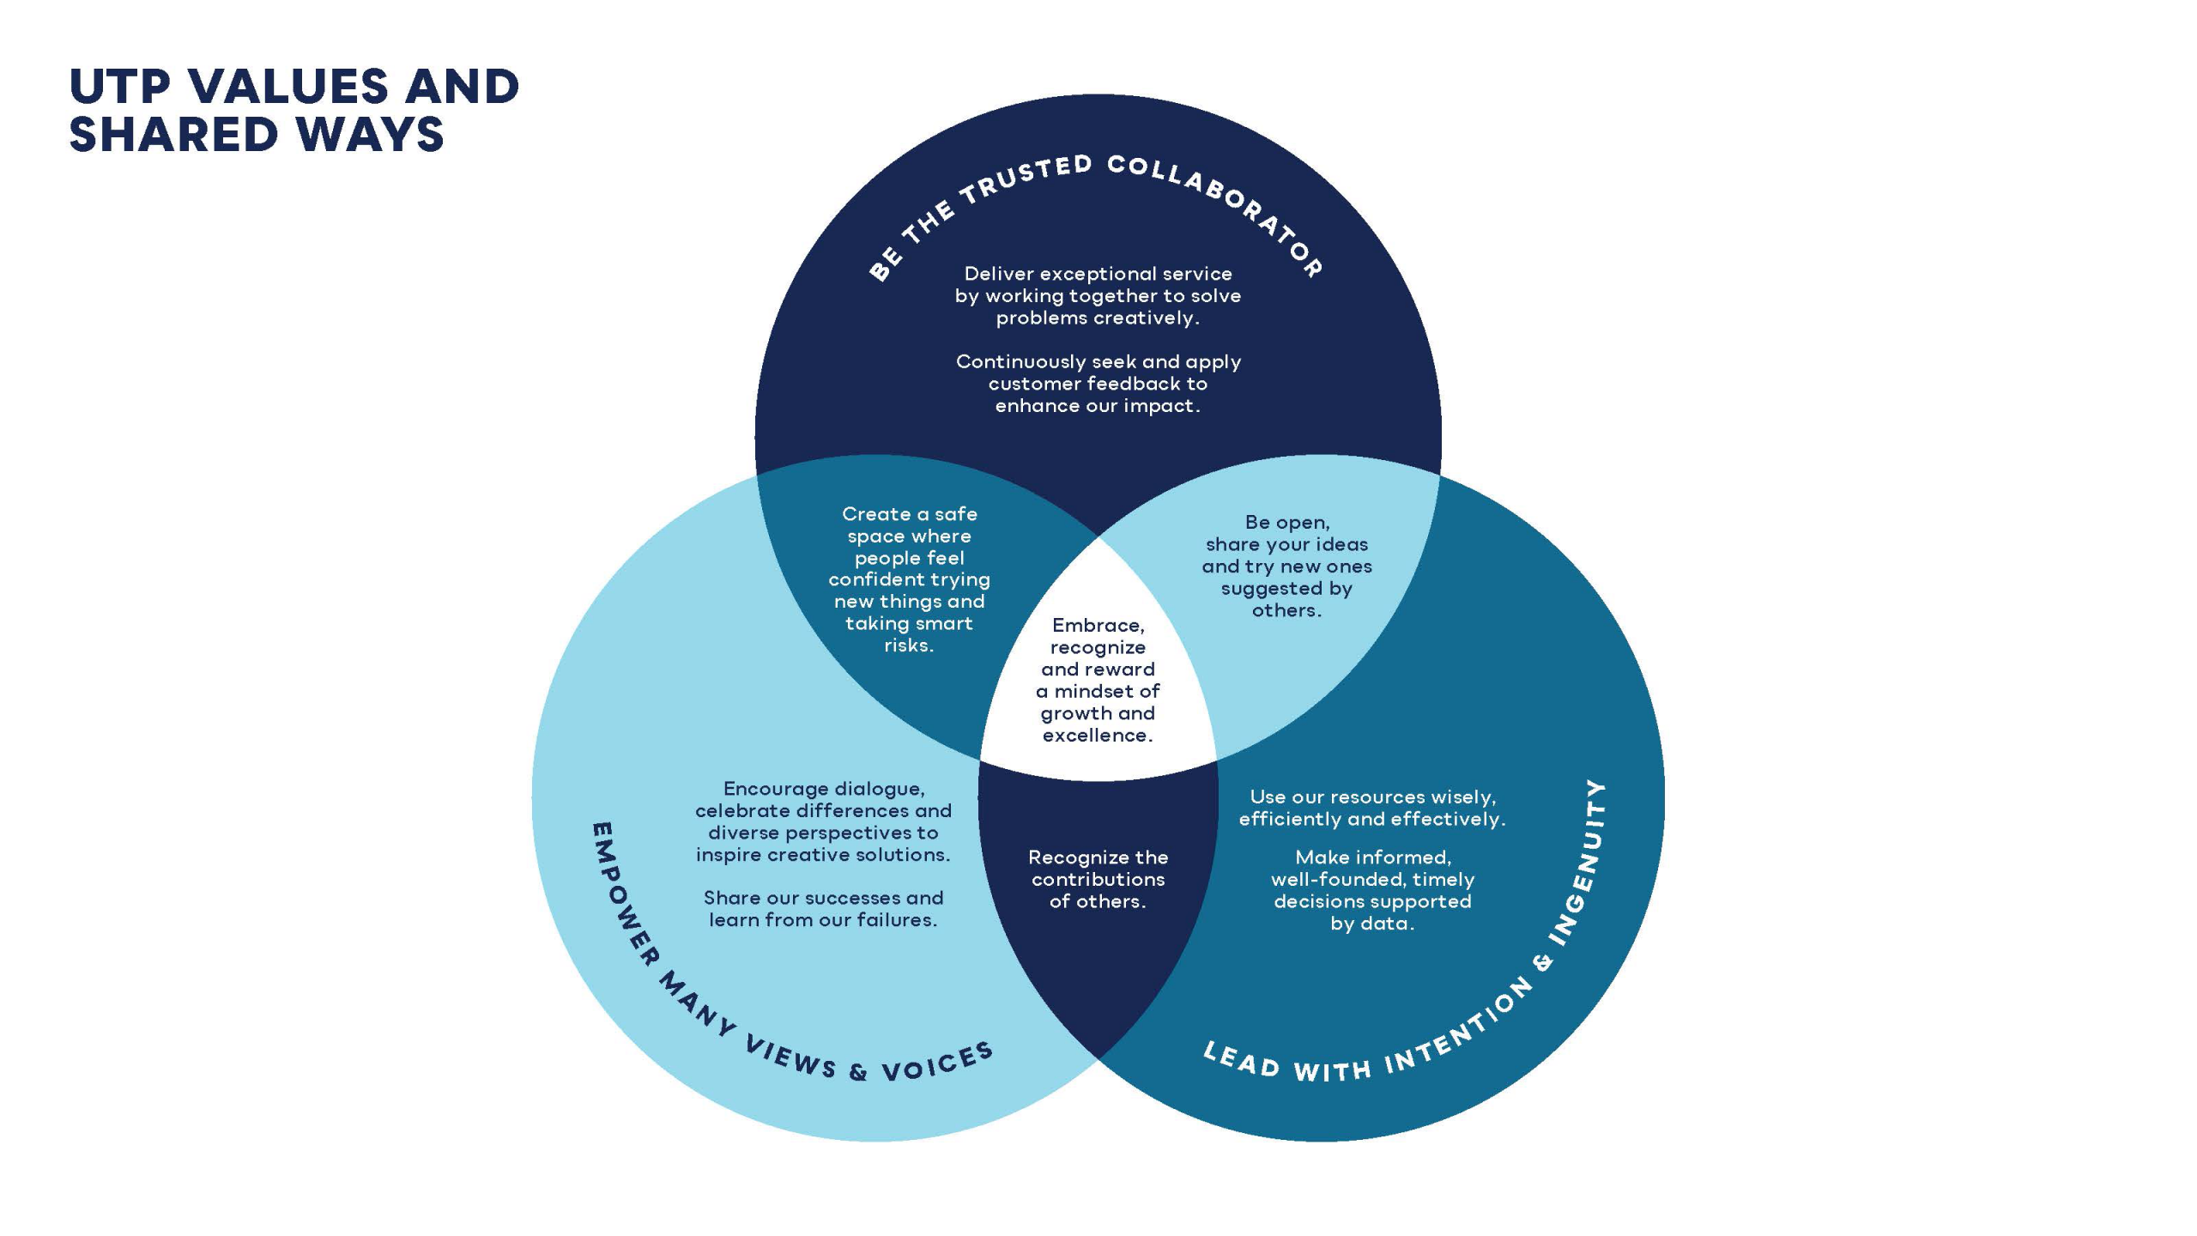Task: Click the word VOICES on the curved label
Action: [938, 1063]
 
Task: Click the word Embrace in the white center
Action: [1098, 626]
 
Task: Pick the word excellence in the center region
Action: [1097, 736]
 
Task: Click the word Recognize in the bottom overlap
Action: [1068, 857]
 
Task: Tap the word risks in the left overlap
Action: [909, 645]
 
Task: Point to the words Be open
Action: [1286, 523]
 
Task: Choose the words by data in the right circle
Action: [1371, 924]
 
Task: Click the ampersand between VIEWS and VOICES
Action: [858, 1072]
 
